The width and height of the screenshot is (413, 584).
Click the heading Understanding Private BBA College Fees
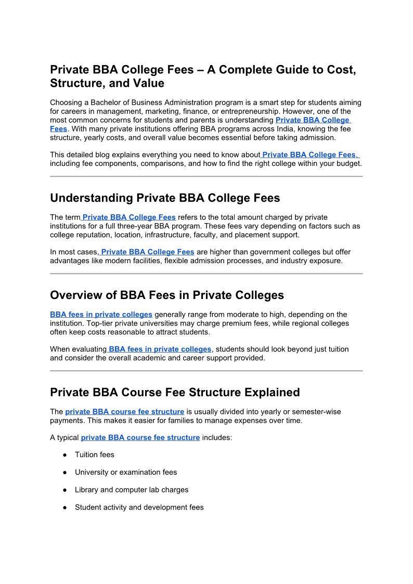(x=165, y=198)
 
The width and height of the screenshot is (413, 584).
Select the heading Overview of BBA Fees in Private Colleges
(x=167, y=295)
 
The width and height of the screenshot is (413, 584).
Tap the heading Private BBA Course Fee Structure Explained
(x=175, y=393)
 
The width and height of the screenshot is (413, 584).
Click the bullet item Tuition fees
(x=94, y=455)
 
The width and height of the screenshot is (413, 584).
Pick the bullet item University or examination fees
(x=126, y=472)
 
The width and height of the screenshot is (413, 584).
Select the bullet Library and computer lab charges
(x=132, y=490)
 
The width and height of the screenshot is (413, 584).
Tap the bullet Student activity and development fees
(x=139, y=507)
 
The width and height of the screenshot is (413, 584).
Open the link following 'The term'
(x=129, y=217)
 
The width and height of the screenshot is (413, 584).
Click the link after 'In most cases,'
(x=148, y=252)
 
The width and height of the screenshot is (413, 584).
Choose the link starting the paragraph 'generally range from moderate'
(x=101, y=315)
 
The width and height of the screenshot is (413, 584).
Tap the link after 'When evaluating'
(x=160, y=349)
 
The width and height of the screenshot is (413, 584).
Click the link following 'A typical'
(x=140, y=438)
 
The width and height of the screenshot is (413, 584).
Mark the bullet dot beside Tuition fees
(x=65, y=455)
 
